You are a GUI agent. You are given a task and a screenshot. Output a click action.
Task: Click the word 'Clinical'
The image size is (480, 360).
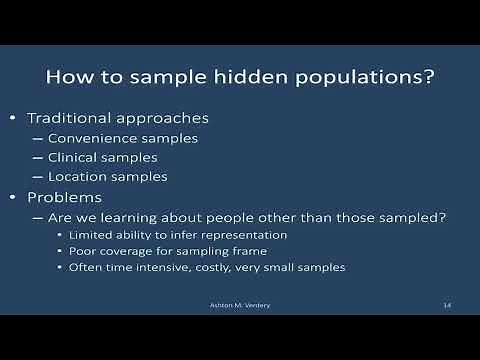pos(75,157)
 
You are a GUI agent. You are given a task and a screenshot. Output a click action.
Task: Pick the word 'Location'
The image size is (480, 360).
pos(79,177)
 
